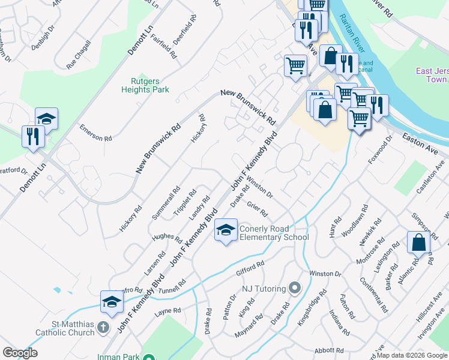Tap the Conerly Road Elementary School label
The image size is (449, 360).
coord(274,233)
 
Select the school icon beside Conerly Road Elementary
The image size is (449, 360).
coord(226,230)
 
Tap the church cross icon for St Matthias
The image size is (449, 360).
coord(103,328)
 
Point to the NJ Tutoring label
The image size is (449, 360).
coord(264,289)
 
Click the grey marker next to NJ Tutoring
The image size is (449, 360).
coord(294,289)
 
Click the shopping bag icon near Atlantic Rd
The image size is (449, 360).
coord(418,242)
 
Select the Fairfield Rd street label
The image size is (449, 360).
coord(164,46)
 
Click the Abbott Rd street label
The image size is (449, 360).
coord(328,350)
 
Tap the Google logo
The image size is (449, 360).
coord(20,353)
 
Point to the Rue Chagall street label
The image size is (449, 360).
coord(79,54)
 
